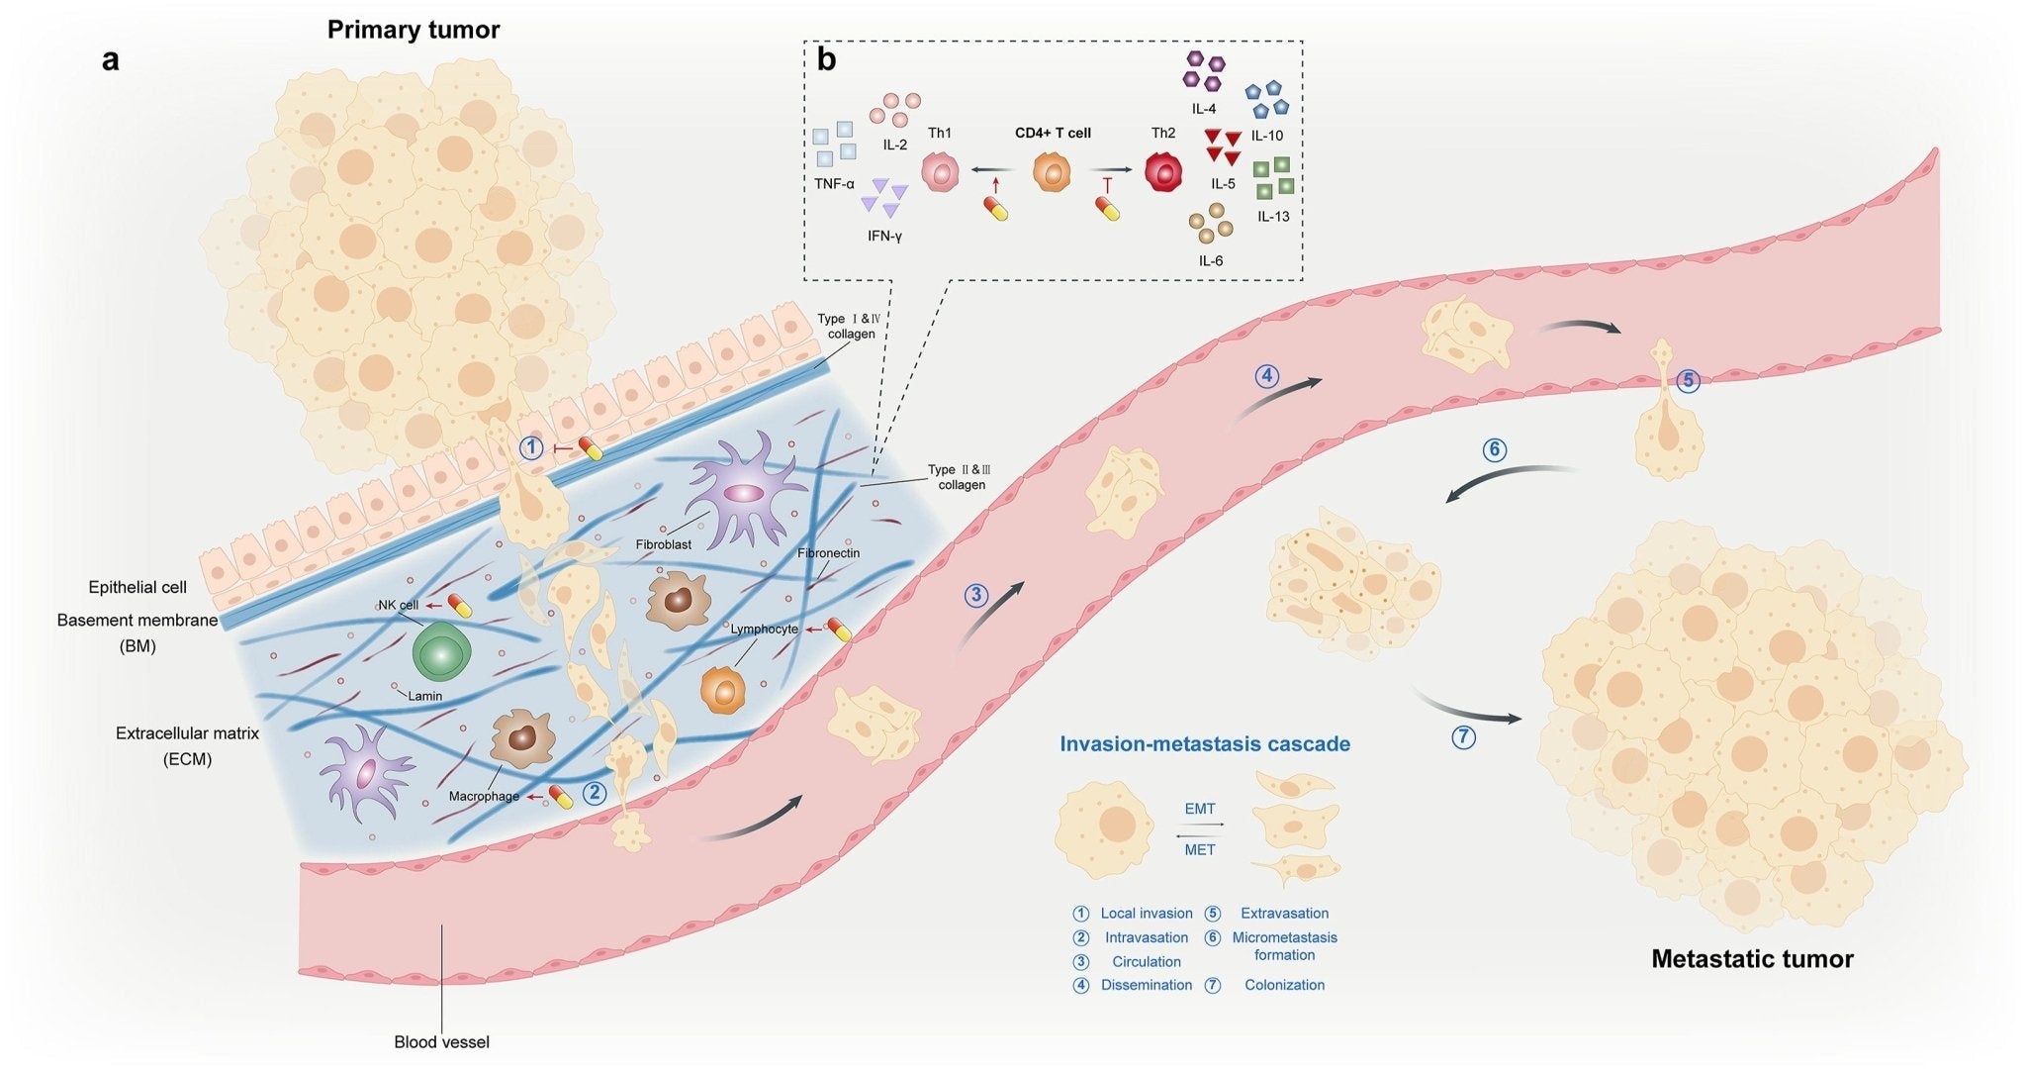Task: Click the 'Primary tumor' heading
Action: [414, 30]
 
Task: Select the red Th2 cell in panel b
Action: [1164, 171]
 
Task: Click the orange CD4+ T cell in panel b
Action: [1052, 171]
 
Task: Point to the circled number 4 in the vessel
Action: [1267, 376]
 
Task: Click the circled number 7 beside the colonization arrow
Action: [1462, 736]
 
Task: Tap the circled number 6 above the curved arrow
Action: [1494, 449]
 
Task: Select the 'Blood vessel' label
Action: [441, 1042]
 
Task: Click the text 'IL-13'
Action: [1273, 217]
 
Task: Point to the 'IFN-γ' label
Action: [884, 237]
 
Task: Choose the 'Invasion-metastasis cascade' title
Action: [1205, 744]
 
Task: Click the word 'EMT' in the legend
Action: [1200, 809]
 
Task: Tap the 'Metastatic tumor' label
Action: [1752, 958]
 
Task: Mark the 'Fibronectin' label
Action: [828, 553]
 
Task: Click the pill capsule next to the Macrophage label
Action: [561, 797]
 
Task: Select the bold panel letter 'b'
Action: [826, 59]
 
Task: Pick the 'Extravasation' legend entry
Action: [1284, 914]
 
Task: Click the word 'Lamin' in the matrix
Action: [425, 696]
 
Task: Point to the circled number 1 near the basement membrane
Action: [532, 448]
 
